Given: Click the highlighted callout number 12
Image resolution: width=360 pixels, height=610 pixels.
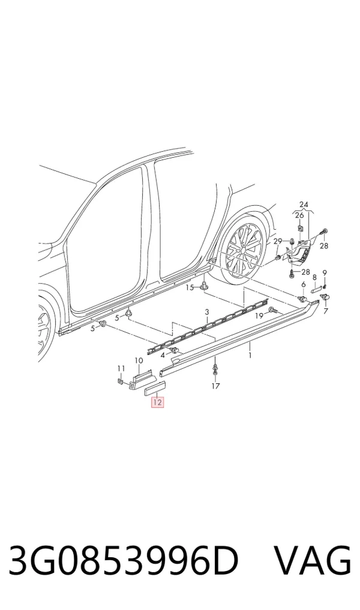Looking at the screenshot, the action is (x=157, y=402).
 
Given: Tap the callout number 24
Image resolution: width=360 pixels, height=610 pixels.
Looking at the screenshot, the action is (x=304, y=205).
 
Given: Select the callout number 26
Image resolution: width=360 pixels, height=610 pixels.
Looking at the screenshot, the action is (x=299, y=215).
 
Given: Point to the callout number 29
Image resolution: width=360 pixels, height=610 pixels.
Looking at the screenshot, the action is (x=277, y=242).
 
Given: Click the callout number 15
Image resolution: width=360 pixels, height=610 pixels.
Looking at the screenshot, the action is (x=190, y=287).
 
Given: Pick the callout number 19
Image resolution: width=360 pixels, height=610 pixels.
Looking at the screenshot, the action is (x=259, y=316).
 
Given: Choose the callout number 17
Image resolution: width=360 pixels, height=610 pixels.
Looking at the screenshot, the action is (x=215, y=386).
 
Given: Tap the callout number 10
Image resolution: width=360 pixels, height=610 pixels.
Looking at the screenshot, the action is (x=139, y=360).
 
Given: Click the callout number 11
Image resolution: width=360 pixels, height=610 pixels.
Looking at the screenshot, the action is (x=121, y=368).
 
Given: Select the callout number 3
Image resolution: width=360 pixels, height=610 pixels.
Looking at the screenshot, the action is (x=206, y=312).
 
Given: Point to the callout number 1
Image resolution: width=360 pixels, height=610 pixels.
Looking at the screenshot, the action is (x=250, y=355).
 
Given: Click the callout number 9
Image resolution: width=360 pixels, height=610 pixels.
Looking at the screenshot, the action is (x=325, y=273).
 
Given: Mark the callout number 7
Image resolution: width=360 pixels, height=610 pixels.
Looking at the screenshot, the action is (x=325, y=311).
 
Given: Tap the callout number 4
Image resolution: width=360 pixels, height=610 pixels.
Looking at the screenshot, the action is (x=163, y=355).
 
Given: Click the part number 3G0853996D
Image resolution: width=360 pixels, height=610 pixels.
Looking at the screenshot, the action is (x=123, y=561).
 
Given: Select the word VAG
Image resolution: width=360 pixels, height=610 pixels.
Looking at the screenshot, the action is (x=313, y=561).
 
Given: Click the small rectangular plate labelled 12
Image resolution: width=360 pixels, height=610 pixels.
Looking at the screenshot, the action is (x=155, y=389).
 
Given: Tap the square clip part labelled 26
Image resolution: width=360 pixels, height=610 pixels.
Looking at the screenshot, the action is (x=301, y=227).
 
